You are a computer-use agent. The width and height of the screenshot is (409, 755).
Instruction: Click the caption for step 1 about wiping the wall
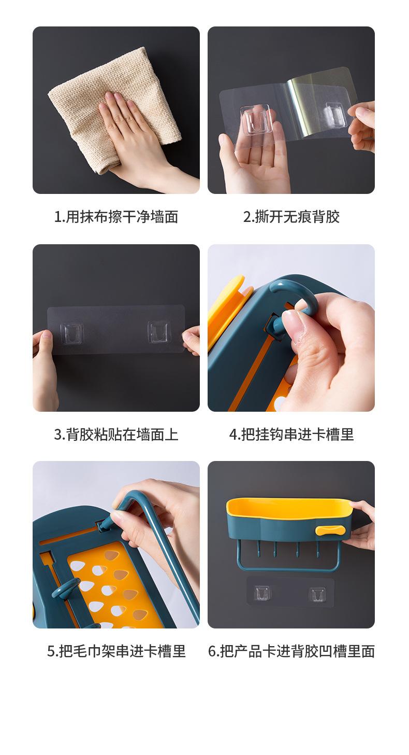click(x=116, y=216)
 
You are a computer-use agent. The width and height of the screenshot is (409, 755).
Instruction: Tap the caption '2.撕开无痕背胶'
click(x=291, y=216)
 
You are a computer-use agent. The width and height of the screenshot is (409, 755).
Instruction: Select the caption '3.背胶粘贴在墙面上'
click(x=116, y=434)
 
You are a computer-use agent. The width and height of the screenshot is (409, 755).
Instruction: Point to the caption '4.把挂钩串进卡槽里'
click(x=291, y=434)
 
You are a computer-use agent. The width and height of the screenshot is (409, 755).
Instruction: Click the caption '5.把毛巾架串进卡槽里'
click(x=116, y=651)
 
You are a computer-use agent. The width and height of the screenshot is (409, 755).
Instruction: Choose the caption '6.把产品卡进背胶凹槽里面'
click(x=291, y=651)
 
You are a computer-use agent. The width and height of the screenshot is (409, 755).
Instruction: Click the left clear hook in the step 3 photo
click(x=71, y=333)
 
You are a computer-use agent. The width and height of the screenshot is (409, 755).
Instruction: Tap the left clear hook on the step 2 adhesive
click(x=256, y=118)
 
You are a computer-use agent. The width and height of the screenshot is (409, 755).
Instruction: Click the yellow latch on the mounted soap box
click(x=330, y=530)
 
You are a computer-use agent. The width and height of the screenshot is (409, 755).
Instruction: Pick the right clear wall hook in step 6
click(x=317, y=595)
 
